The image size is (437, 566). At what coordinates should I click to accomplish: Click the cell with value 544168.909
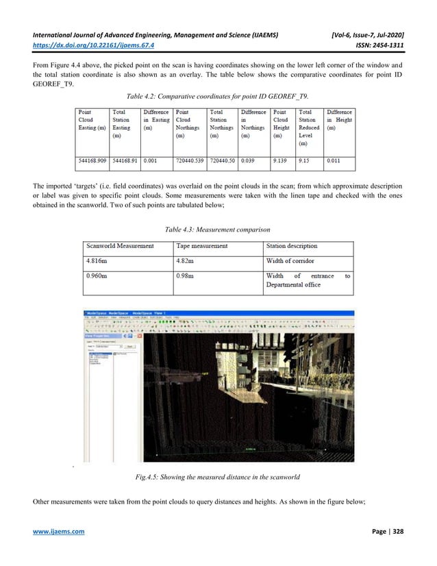pos(92,162)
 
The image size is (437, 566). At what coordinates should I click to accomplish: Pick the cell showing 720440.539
pos(190,162)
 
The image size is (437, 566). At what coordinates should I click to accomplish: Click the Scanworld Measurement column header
pos(121,245)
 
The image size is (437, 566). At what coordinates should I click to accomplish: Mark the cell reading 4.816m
pos(97,261)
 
